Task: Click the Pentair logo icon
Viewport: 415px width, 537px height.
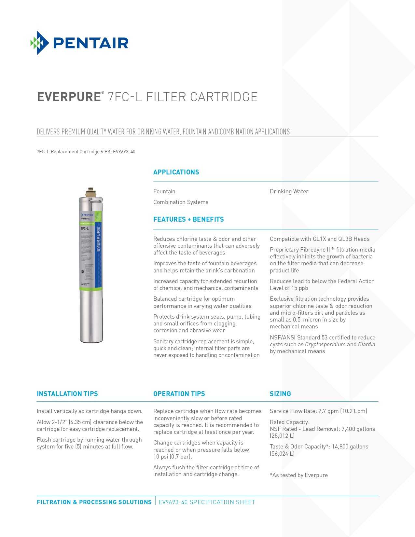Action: [x=40, y=43]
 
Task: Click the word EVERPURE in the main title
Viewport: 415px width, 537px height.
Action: [x=69, y=97]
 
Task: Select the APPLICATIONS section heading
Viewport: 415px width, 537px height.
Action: [x=176, y=172]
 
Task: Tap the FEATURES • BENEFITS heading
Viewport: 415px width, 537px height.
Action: [x=188, y=219]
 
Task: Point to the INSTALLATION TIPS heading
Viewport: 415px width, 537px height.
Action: [x=67, y=394]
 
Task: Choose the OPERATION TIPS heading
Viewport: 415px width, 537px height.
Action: [x=179, y=394]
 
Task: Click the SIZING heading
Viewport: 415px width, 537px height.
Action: [x=280, y=394]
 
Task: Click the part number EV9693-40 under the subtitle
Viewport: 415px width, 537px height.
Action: [x=124, y=152]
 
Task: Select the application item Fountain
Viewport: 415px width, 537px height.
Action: [x=164, y=191]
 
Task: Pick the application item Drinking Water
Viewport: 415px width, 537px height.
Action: [x=289, y=191]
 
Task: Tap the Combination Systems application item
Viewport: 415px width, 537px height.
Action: [x=181, y=202]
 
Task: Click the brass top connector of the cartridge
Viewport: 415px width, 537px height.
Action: [x=90, y=192]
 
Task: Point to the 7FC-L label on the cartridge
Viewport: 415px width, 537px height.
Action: [x=85, y=228]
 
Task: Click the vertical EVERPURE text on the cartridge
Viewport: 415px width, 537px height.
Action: [x=98, y=239]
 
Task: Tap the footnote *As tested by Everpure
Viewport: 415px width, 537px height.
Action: [x=299, y=475]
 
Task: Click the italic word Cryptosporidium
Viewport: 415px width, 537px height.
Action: [x=325, y=344]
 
